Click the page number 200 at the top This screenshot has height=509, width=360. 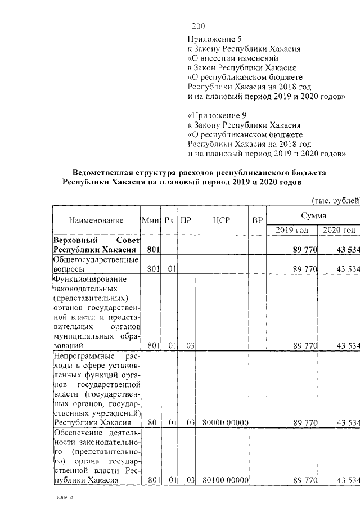199,26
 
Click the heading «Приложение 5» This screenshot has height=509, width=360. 214,39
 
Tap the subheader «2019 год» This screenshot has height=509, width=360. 292,230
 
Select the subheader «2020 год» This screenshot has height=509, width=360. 339,230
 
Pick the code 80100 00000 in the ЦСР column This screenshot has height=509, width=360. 222,480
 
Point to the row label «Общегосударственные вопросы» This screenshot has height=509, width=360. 96,265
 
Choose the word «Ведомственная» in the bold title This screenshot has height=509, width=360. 103,172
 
